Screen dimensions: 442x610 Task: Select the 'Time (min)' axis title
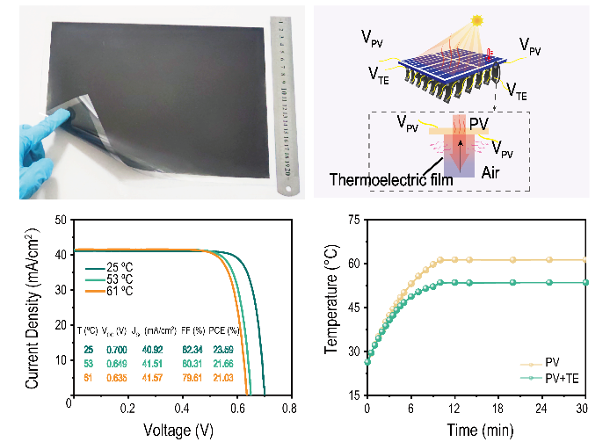[x=475, y=431]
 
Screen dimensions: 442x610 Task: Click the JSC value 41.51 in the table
[x=156, y=363]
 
